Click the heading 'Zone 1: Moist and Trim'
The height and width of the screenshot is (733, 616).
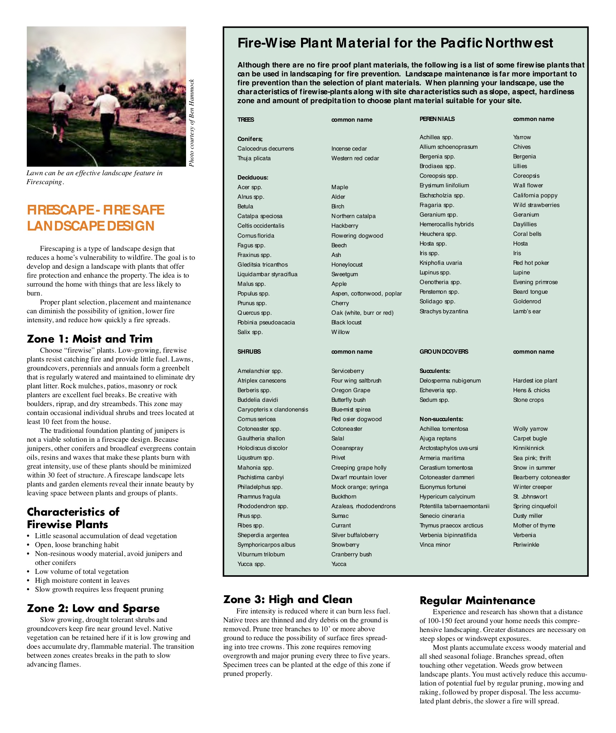click(90, 339)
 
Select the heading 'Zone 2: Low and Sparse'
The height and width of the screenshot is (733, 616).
click(93, 608)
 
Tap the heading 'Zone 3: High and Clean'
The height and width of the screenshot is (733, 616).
click(287, 599)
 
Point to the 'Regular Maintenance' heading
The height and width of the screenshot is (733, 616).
click(477, 600)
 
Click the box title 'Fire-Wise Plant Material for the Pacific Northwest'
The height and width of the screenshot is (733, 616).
click(395, 43)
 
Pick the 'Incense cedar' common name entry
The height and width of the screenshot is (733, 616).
click(349, 148)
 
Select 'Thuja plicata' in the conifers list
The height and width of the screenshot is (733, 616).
click(254, 158)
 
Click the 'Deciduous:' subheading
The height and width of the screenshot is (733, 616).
click(252, 177)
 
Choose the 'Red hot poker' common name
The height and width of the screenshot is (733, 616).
click(531, 263)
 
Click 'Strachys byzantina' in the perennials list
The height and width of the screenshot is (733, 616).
click(444, 311)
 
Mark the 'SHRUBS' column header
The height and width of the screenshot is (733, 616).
click(249, 352)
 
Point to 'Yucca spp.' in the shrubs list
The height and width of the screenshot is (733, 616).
click(251, 564)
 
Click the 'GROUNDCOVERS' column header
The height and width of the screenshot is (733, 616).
click(444, 352)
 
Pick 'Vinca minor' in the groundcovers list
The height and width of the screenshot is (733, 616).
click(435, 545)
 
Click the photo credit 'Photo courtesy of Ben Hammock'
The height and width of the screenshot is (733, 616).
click(191, 123)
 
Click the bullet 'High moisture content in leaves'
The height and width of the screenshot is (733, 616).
click(82, 580)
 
